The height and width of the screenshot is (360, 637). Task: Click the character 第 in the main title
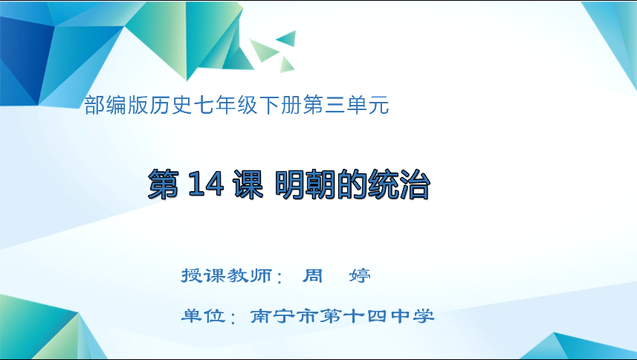click(165, 184)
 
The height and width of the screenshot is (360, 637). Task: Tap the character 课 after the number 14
click(248, 184)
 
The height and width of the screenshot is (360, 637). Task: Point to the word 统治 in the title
click(402, 184)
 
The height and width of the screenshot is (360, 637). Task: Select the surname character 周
click(312, 276)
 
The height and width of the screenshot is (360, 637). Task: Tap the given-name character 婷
click(360, 276)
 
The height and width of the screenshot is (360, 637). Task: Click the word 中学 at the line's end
click(413, 316)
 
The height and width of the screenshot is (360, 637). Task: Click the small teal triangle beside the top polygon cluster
click(286, 38)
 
